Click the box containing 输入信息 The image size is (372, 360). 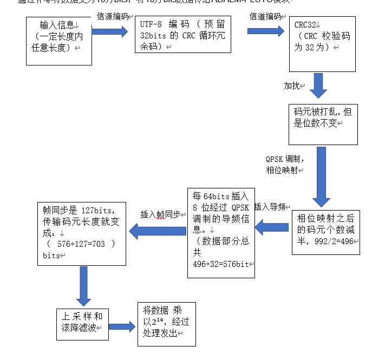coord(59,41)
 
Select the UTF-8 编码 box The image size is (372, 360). coord(184,35)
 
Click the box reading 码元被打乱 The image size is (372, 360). coord(323,124)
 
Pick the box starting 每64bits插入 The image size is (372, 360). coord(220,233)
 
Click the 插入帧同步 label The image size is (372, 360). coord(160,214)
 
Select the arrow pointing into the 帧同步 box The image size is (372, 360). coord(158,232)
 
